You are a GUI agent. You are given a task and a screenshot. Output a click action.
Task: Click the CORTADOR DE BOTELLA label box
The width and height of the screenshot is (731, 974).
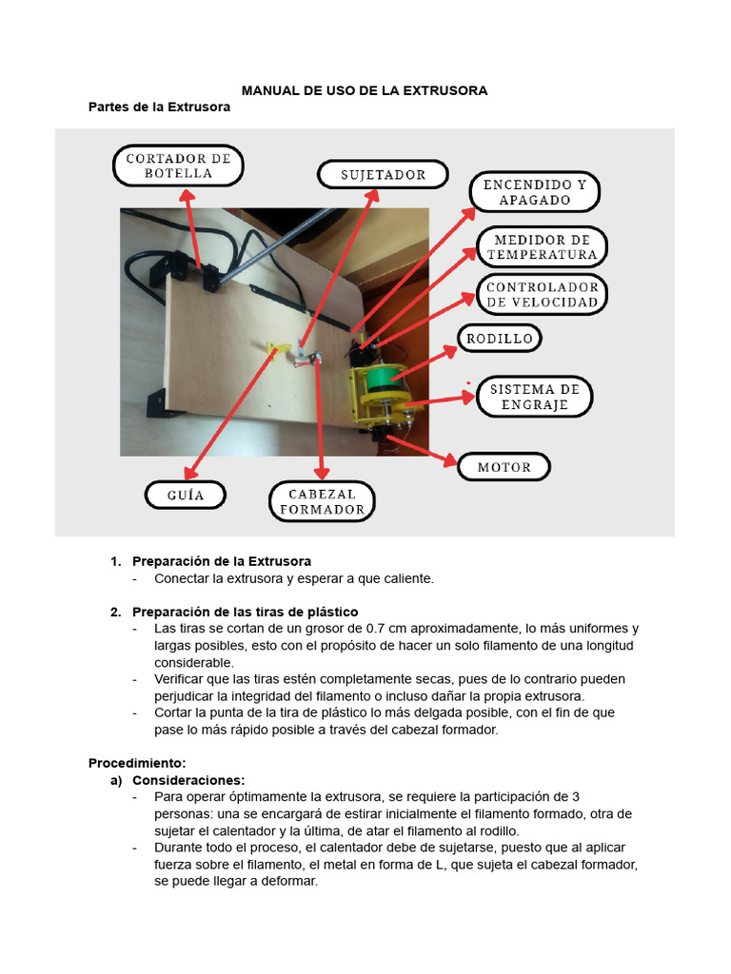(178, 166)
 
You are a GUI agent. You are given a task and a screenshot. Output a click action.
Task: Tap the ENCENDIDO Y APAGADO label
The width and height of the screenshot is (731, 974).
(534, 192)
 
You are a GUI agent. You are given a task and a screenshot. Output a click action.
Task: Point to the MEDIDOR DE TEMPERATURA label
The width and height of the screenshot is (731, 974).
(542, 247)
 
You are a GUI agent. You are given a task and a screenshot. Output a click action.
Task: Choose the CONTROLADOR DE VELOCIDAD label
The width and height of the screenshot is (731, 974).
(542, 295)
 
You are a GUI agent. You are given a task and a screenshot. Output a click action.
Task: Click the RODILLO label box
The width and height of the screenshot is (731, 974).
(501, 338)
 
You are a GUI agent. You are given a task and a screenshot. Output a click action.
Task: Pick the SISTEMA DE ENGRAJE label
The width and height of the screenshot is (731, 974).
(534, 397)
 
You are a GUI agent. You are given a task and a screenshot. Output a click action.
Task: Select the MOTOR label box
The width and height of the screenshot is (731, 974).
(504, 468)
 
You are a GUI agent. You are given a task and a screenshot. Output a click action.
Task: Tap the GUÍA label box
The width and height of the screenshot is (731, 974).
(187, 496)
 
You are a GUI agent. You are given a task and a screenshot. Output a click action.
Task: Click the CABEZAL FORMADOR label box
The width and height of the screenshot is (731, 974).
(322, 501)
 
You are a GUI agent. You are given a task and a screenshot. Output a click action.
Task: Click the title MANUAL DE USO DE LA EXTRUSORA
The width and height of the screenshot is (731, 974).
(365, 90)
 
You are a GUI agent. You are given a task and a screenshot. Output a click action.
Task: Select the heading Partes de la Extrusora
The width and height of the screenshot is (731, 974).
(159, 107)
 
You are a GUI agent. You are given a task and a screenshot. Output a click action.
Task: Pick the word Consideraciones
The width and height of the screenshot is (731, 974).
(188, 780)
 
